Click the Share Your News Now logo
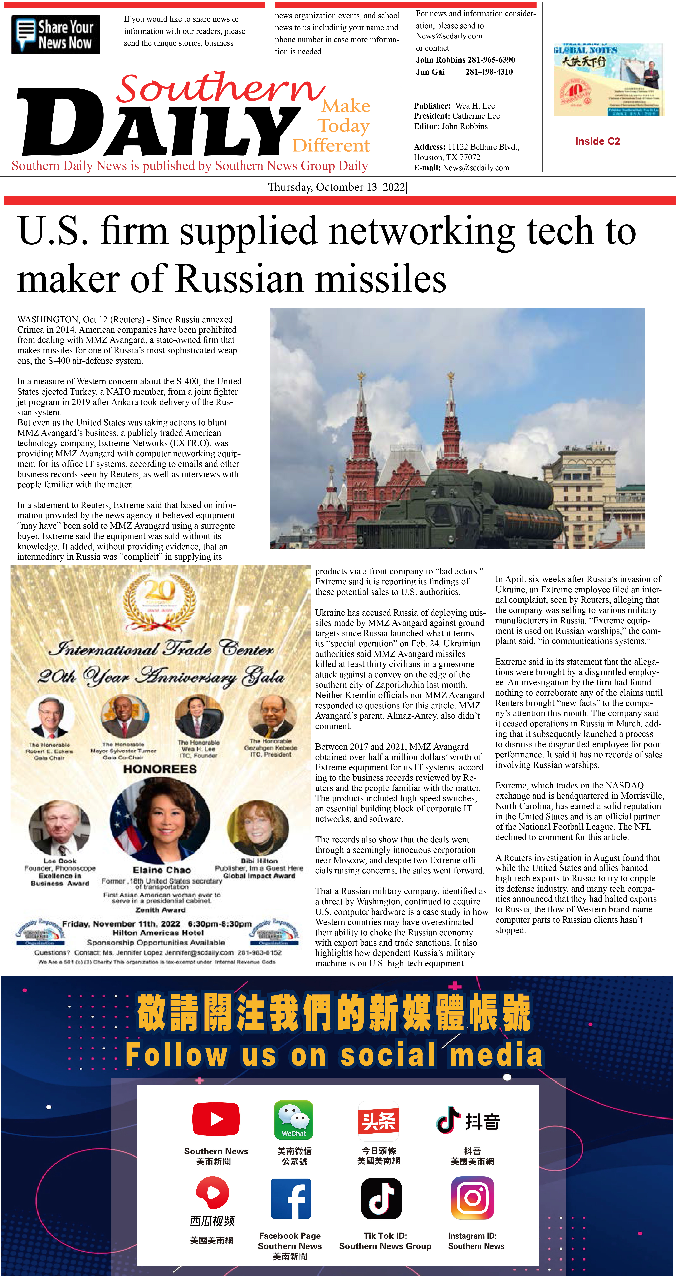(55, 35)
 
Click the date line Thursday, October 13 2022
(337, 187)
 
